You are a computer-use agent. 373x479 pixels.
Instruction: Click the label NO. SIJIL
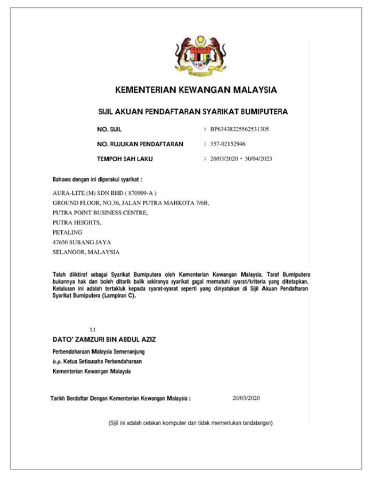[110, 129]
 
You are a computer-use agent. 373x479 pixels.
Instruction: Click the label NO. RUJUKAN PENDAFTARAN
[140, 144]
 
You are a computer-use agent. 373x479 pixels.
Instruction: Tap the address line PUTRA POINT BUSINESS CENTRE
[100, 213]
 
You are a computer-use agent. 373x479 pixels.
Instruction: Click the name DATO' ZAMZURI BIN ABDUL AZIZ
[104, 339]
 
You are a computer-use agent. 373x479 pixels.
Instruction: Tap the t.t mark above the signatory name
[93, 330]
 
